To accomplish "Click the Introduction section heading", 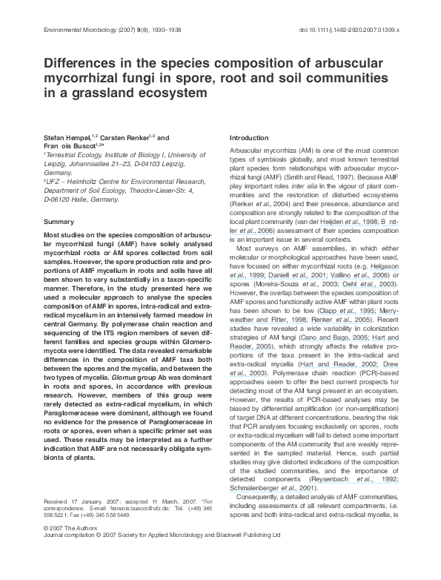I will click(x=250, y=139).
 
